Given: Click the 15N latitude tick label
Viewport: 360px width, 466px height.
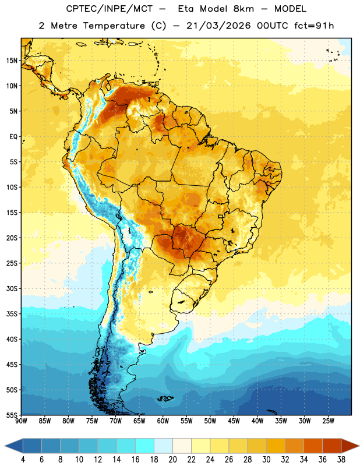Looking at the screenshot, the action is (x=12, y=61).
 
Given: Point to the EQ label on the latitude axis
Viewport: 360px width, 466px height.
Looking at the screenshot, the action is (x=13, y=137).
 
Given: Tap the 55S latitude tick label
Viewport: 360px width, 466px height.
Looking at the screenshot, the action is (x=12, y=415).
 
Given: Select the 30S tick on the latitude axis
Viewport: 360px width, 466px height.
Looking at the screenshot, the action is (x=12, y=288).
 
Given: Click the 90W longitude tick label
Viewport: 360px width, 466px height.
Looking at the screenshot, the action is (x=21, y=421).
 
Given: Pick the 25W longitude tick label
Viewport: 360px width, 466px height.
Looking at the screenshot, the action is (x=328, y=421).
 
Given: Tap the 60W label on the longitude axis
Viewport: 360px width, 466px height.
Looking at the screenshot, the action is (x=163, y=421).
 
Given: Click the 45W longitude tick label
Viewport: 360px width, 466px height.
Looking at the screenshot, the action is (x=234, y=421).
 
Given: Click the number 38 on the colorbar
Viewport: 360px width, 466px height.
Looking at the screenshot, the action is (x=341, y=460).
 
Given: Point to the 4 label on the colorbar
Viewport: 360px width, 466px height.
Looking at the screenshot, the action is (x=23, y=460).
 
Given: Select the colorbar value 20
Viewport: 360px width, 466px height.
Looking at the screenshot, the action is (x=172, y=460).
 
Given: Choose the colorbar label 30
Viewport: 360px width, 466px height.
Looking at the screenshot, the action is (x=266, y=460).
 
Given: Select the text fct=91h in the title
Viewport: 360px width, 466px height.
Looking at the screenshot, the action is (x=314, y=26).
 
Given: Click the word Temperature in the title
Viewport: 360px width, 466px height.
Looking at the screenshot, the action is (x=114, y=26).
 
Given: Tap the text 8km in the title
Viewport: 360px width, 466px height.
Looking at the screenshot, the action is (x=243, y=9).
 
